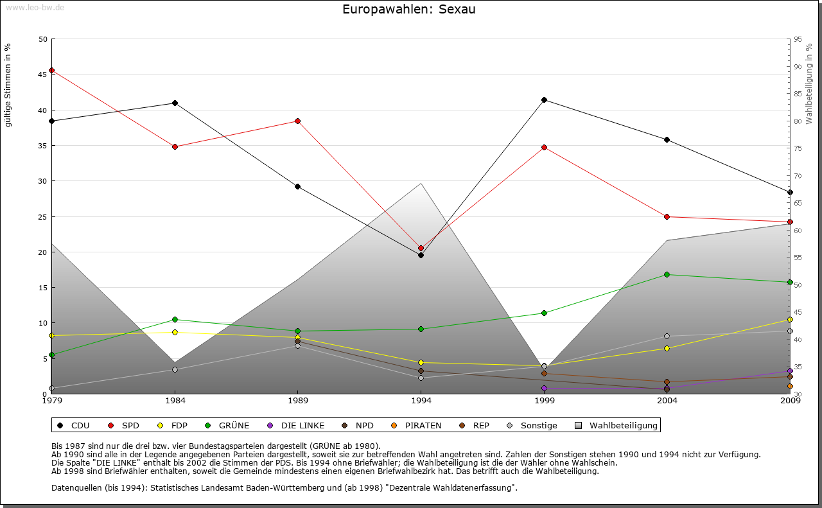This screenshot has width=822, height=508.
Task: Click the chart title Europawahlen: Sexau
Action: (409, 10)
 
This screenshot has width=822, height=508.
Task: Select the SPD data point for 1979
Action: (51, 71)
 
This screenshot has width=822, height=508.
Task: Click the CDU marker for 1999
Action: (544, 100)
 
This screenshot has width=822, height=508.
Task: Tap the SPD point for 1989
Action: (297, 121)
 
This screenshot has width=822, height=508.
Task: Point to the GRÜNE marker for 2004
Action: (667, 274)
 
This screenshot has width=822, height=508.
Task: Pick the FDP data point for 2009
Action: (790, 319)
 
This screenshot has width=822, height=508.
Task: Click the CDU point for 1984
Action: (175, 103)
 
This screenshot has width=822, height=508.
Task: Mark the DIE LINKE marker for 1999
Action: (544, 388)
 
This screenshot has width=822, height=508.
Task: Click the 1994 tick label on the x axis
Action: (421, 401)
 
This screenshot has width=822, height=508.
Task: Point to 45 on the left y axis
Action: (43, 74)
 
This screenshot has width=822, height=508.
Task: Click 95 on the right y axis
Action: (798, 39)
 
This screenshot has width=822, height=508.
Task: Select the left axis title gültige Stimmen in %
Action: (8, 85)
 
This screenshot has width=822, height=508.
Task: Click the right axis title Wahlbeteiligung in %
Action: (809, 83)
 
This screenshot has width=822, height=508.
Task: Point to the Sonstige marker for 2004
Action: (667, 336)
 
